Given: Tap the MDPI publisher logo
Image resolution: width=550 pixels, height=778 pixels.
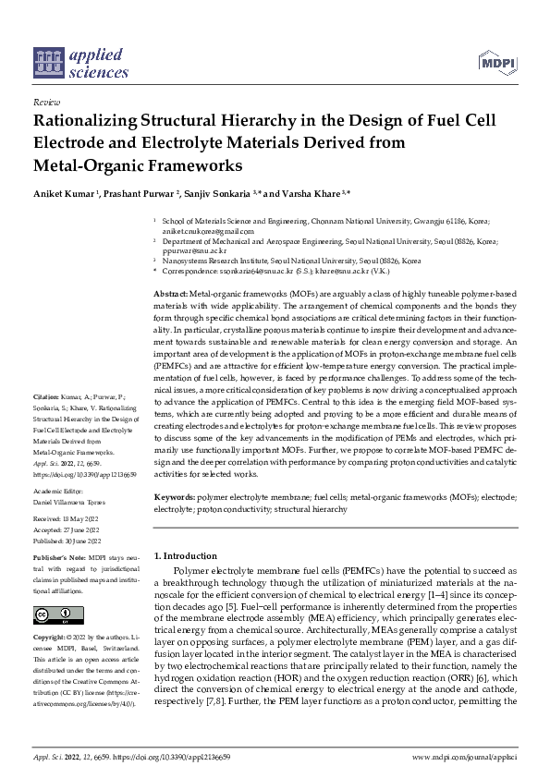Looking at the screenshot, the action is click(x=497, y=62).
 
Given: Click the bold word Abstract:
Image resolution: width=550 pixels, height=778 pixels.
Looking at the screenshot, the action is click(x=171, y=292).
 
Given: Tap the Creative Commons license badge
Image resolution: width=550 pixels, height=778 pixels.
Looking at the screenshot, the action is click(x=53, y=614).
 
